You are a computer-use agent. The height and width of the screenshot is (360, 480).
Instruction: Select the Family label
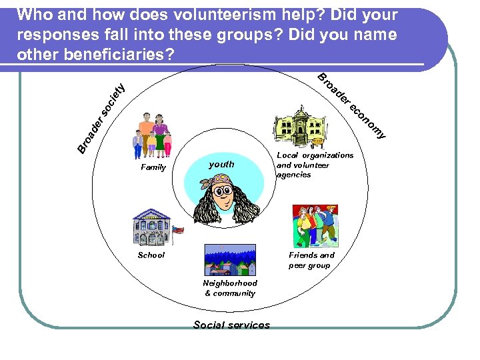(153, 167)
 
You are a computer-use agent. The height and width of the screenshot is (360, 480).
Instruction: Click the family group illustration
(153, 134)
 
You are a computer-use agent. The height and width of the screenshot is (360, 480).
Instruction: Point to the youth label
(221, 164)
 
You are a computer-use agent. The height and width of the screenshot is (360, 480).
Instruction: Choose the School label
(151, 255)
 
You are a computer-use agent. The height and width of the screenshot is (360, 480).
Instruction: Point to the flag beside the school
(178, 231)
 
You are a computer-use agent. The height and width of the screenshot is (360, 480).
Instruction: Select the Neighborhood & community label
(230, 288)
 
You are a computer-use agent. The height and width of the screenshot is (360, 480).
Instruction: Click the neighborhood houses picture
(229, 260)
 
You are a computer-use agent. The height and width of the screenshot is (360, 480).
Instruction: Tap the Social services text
(231, 325)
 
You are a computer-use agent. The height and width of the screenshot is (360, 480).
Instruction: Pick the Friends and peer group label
(311, 260)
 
